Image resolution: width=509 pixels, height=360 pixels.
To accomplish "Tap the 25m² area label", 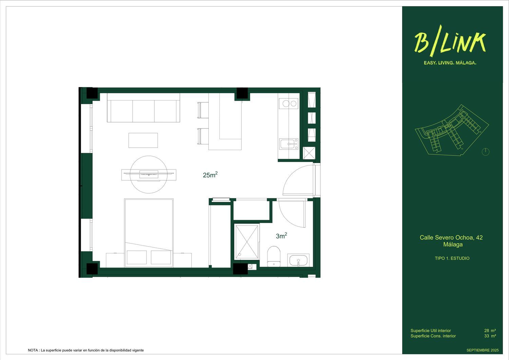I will click(210, 175).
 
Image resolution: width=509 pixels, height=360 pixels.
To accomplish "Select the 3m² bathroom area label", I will click(281, 236).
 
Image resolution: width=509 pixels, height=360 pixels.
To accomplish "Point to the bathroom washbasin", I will click(298, 260).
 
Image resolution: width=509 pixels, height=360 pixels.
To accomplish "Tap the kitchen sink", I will click(289, 144).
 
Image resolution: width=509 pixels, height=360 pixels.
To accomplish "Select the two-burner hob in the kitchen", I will click(288, 104).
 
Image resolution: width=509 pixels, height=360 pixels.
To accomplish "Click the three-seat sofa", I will click(144, 108).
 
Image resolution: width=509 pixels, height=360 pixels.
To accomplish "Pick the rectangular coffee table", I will click(143, 140).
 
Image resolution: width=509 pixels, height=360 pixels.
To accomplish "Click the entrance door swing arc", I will click(295, 180).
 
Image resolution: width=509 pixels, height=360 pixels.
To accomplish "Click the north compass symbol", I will click(486, 151).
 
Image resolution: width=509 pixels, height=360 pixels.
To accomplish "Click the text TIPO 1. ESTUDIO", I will click(452, 258).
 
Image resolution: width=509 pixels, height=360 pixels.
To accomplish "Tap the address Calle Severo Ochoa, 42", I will click(451, 237).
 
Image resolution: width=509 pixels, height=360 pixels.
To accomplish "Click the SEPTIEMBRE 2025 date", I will click(482, 350).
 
